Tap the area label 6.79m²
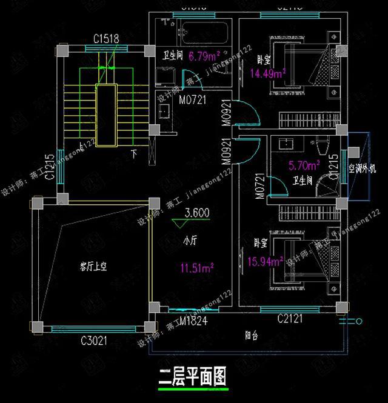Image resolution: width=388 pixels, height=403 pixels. tap(203, 58)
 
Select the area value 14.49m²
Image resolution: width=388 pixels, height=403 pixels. tap(267, 74)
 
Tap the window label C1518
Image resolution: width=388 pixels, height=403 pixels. tap(106, 38)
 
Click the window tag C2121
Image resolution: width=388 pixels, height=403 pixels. tap(290, 319)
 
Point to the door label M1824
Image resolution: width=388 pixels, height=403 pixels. tap(193, 321)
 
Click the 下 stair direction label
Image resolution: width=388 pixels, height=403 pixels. tap(134, 153)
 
